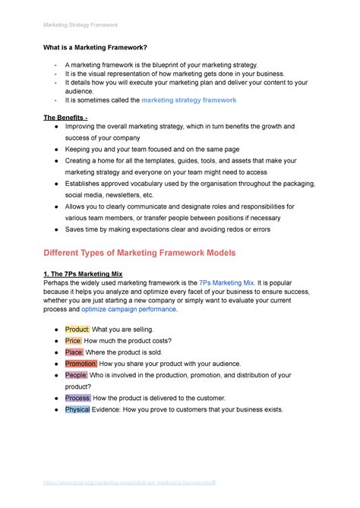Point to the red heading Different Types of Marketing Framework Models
click(140, 251)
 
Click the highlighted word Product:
click(77, 330)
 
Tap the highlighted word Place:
click(74, 352)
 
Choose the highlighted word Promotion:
click(81, 364)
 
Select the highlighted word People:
click(77, 375)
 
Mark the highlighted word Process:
click(78, 398)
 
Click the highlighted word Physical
click(77, 409)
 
